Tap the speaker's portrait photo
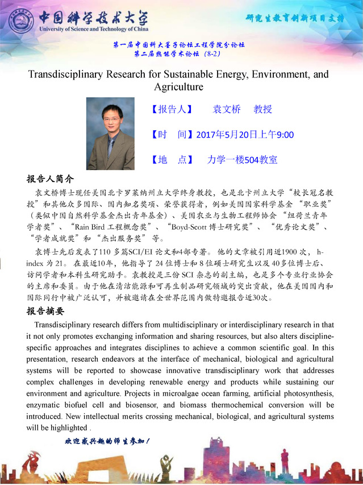click(x=110, y=133)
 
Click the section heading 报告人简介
click(x=51, y=178)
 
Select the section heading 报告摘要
click(x=45, y=311)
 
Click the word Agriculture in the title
click(x=178, y=87)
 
